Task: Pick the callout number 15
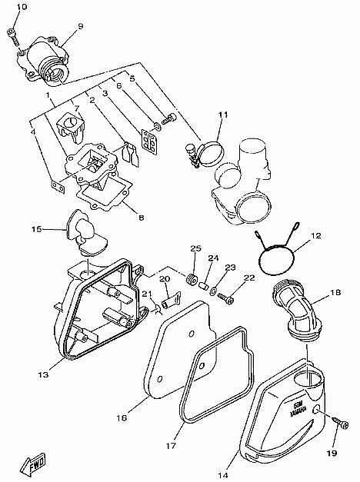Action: click(36, 228)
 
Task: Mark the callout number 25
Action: click(195, 248)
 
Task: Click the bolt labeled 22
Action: click(222, 296)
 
